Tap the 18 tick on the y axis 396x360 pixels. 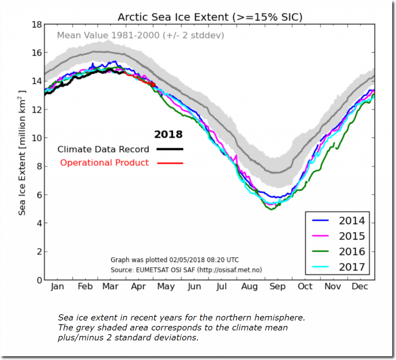pyautogui.click(x=37, y=24)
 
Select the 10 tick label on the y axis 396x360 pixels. pyautogui.click(x=37, y=138)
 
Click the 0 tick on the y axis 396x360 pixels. pyautogui.click(x=39, y=280)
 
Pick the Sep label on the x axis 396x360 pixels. pyautogui.click(x=277, y=287)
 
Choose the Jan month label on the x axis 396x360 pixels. pyautogui.click(x=58, y=287)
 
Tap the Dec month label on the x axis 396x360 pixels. pyautogui.click(x=360, y=287)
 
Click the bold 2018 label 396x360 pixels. pyautogui.click(x=168, y=135)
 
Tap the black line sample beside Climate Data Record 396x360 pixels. pyautogui.click(x=170, y=149)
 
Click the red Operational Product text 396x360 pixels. pyautogui.click(x=104, y=163)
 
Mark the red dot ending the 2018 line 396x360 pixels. pyautogui.click(x=153, y=85)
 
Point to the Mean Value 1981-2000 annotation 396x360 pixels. pyautogui.click(x=140, y=36)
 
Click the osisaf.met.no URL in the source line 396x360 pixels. pyautogui.click(x=229, y=270)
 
